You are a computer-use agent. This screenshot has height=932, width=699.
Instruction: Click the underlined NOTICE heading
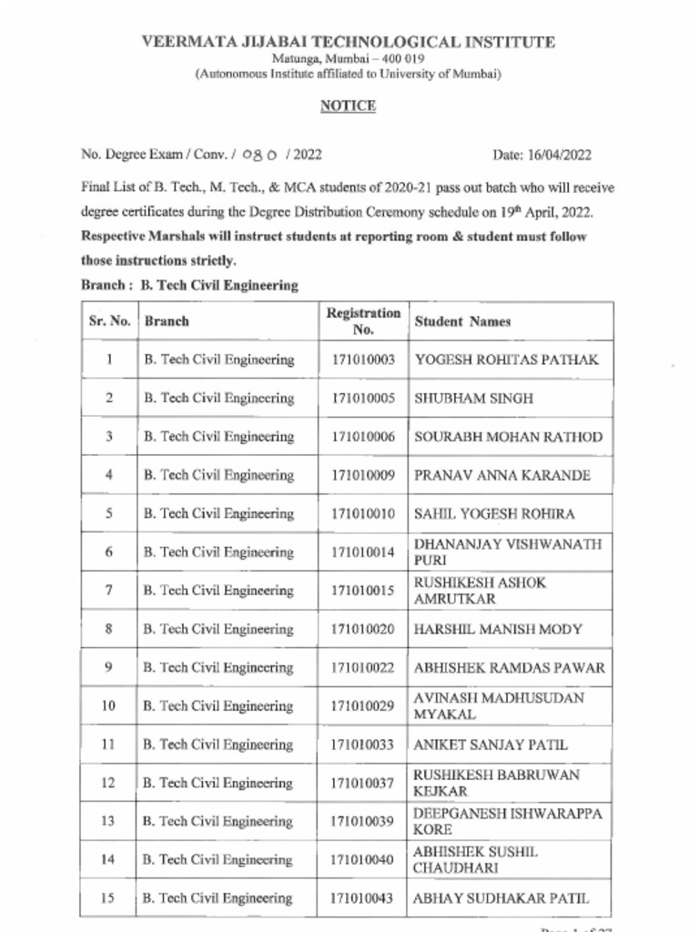[348, 106]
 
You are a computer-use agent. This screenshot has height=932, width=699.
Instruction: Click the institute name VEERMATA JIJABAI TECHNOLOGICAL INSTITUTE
[348, 42]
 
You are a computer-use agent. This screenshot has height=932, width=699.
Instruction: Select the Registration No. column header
[363, 321]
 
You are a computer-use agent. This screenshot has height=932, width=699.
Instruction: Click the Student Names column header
[462, 321]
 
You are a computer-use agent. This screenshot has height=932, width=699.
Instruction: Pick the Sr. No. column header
[108, 321]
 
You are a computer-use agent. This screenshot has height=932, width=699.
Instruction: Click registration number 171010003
[363, 360]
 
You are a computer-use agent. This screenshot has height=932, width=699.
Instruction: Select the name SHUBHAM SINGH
[473, 399]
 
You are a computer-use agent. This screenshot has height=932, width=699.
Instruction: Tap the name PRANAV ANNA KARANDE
[501, 475]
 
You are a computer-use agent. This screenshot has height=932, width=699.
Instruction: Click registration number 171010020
[363, 629]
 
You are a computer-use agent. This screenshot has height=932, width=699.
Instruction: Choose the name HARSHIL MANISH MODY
[498, 629]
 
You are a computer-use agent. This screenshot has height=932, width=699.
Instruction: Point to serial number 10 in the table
[108, 706]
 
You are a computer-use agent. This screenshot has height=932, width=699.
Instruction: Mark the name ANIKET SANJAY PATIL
[491, 745]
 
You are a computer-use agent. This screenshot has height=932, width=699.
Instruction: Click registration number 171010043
[363, 898]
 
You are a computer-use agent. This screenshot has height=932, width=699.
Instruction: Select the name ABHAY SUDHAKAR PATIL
[501, 898]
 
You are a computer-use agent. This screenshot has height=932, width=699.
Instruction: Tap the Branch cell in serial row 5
[218, 514]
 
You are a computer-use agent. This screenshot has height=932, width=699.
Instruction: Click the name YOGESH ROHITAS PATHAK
[506, 360]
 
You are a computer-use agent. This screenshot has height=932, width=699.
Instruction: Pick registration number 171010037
[363, 784]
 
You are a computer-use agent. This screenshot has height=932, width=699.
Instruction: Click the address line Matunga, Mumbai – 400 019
[348, 59]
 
